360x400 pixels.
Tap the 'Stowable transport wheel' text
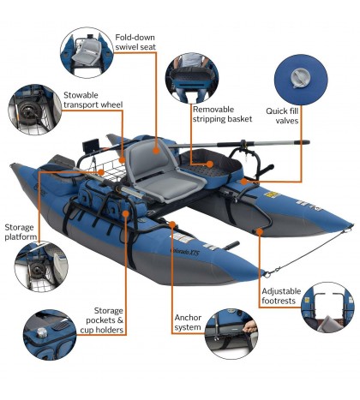coord(93,99)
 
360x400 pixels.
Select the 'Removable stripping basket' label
coord(222,114)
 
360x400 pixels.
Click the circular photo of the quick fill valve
coord(303,78)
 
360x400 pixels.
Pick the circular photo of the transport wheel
coord(33,109)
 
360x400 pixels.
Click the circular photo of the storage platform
coord(38,262)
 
